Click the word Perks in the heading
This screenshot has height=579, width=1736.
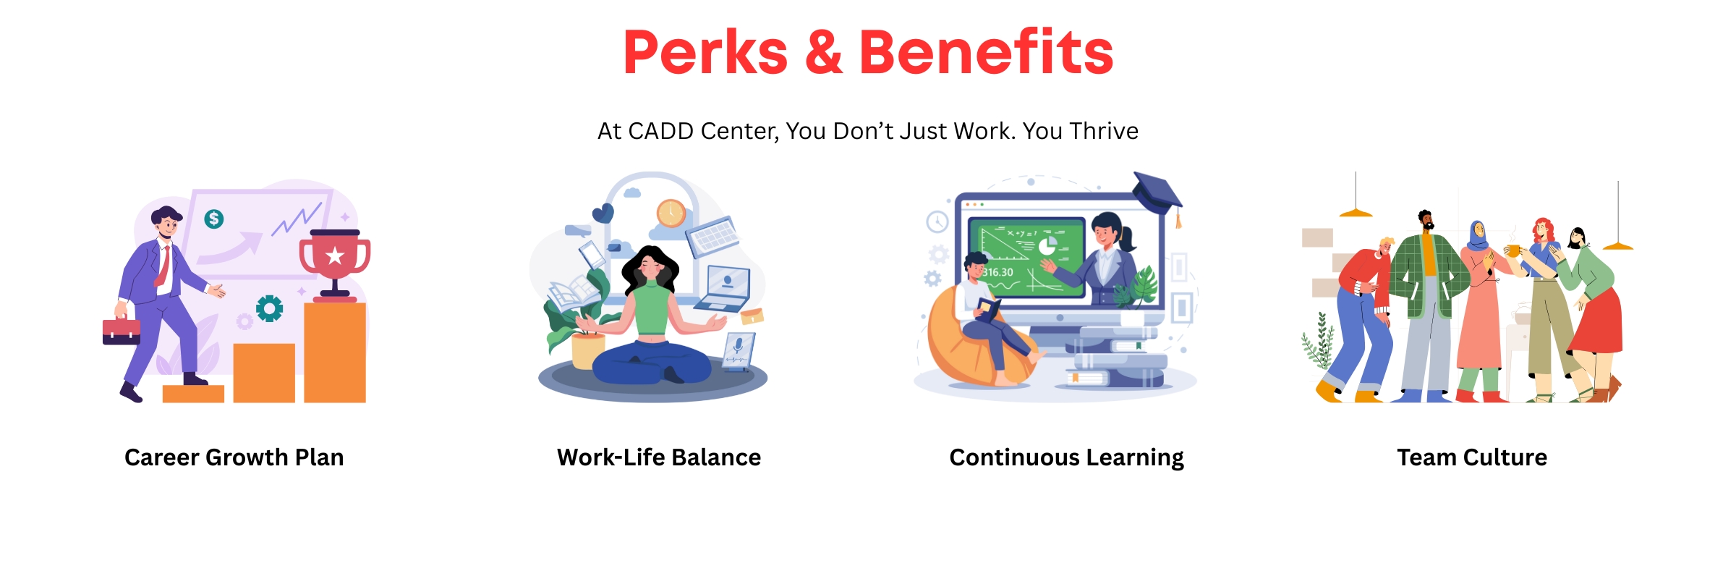pos(705,52)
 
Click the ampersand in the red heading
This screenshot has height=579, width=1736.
pos(824,52)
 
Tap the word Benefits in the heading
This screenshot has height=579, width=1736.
pos(987,52)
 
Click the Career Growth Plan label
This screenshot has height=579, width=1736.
pos(234,457)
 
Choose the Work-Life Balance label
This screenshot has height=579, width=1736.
pos(659,457)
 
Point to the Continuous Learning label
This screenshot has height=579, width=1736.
pos(1067,458)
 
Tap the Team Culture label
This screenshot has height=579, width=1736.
pos(1472,457)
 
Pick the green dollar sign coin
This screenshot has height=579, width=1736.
pos(213,219)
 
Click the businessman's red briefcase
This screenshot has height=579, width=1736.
pos(122,331)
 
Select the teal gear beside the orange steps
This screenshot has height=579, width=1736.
pos(269,309)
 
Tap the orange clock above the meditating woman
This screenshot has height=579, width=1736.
pos(671,214)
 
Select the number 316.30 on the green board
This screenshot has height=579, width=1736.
pos(998,273)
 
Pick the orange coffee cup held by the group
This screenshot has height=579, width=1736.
pos(1512,251)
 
